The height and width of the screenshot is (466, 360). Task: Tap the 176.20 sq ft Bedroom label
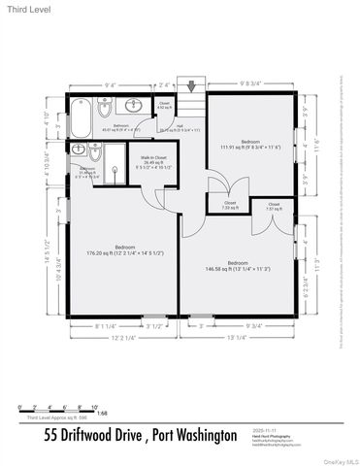click(x=119, y=250)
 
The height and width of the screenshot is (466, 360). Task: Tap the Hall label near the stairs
click(x=180, y=126)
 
